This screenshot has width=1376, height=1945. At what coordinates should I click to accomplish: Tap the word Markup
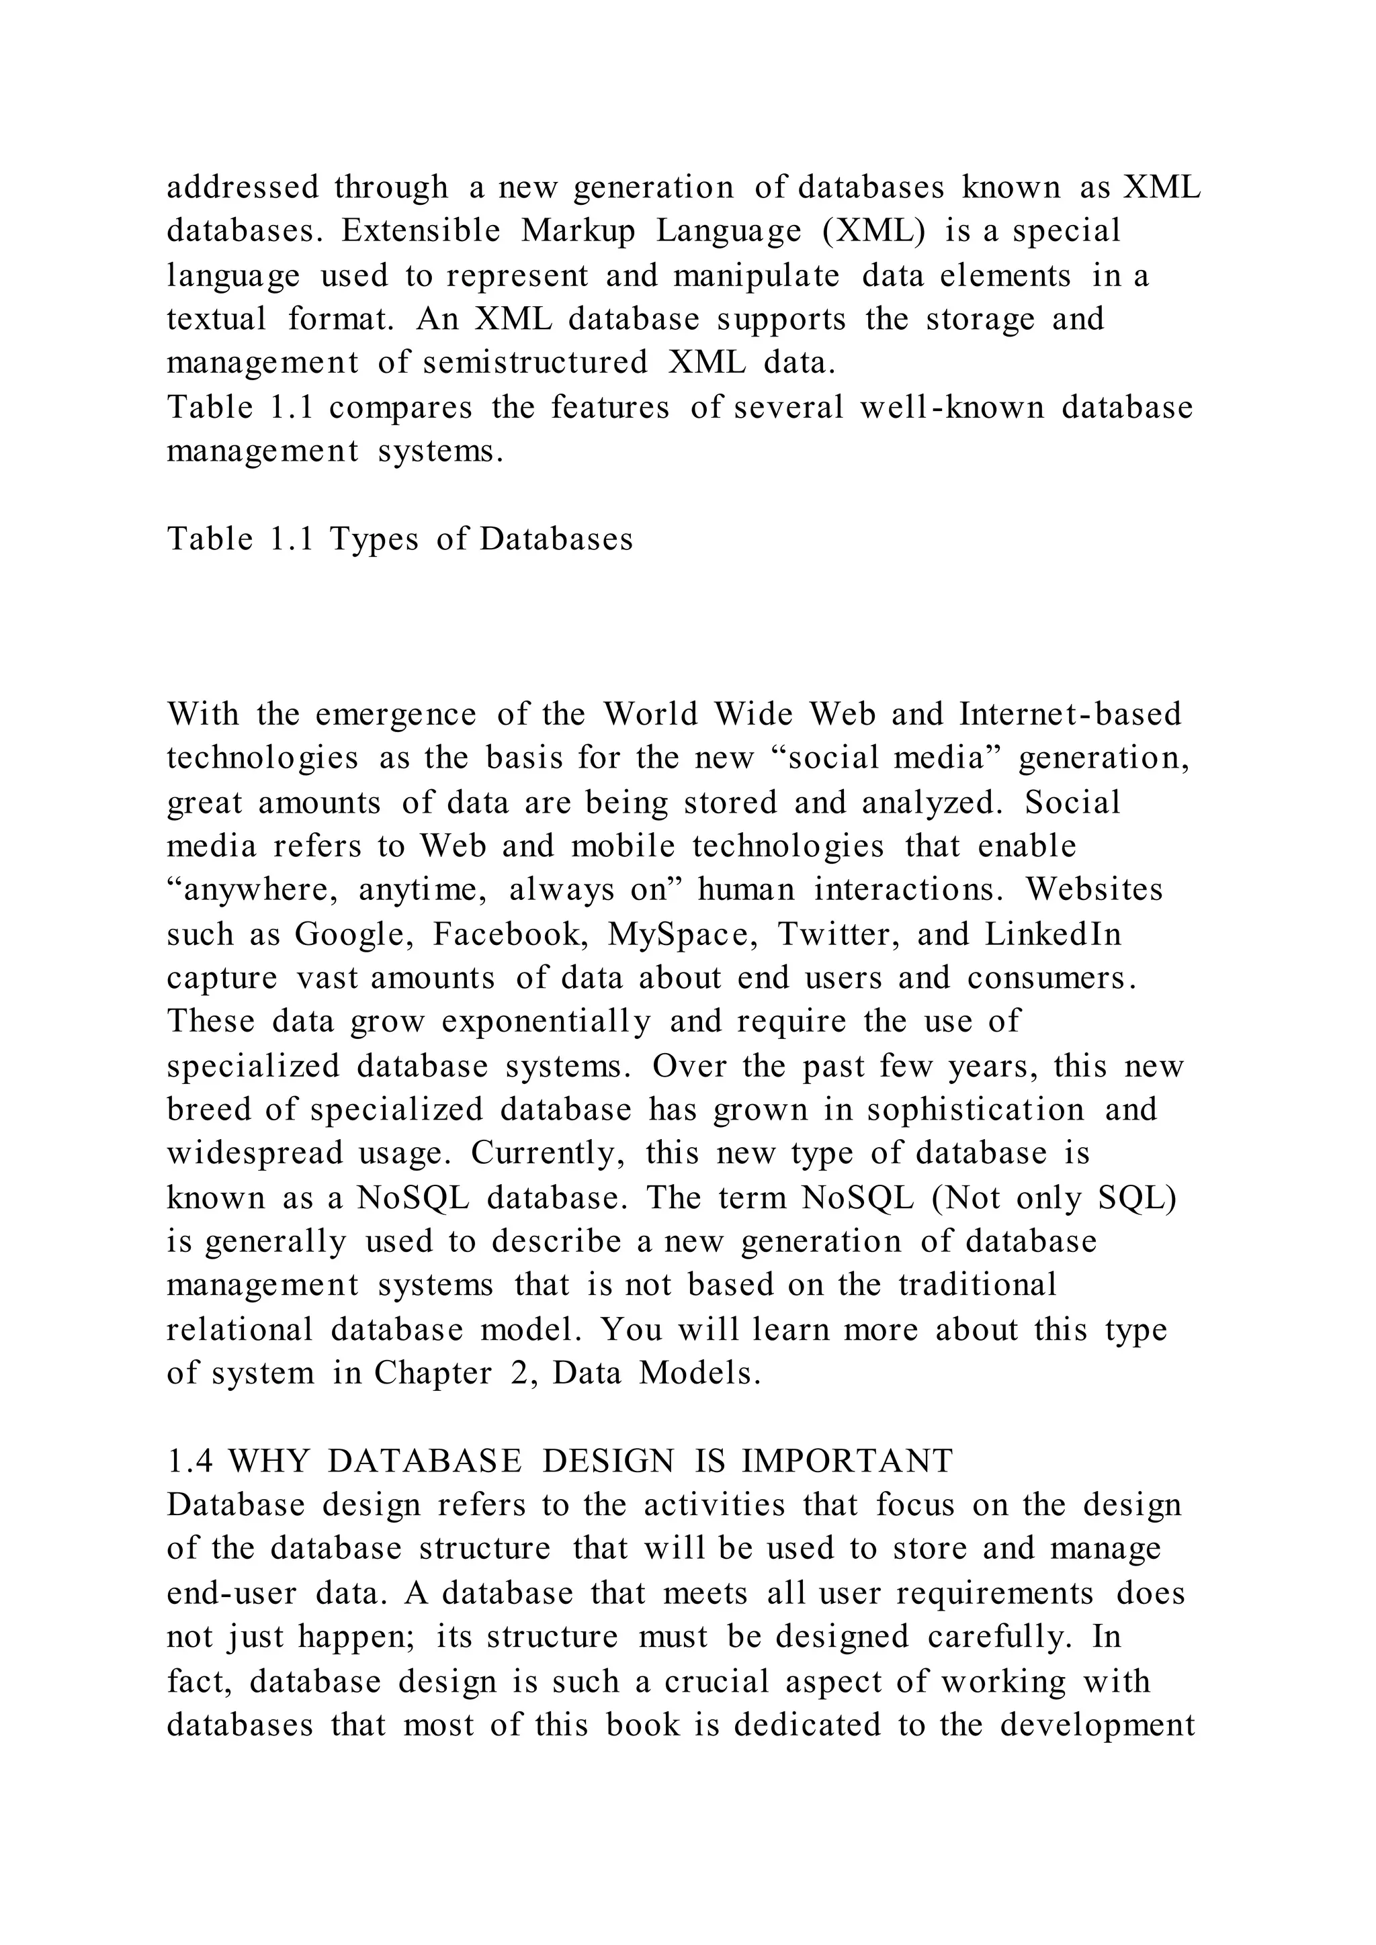tap(578, 231)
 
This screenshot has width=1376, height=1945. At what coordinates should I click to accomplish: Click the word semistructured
tap(535, 363)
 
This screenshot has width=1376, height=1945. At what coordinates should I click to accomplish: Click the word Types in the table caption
tap(374, 539)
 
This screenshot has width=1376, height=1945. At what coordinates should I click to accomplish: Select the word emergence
tap(396, 714)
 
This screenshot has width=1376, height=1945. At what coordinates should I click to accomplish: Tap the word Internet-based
tap(1070, 714)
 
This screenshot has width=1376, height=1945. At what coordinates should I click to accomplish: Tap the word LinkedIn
tap(1053, 934)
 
